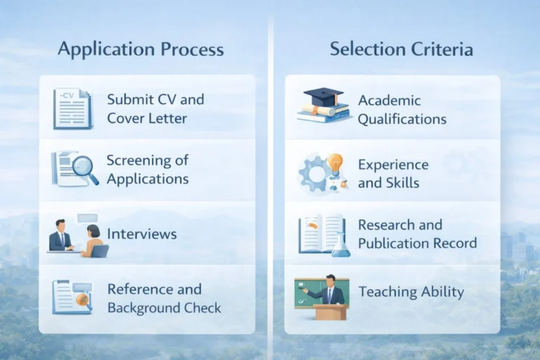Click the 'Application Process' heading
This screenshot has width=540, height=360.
coord(141,49)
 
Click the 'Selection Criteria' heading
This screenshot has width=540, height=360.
coord(401,49)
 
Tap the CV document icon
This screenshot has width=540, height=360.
coord(72,108)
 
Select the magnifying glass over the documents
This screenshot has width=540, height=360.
coord(85,169)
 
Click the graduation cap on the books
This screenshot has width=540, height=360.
coord(323,97)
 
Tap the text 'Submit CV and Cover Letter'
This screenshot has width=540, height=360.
coord(155,108)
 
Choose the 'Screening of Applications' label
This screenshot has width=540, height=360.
coord(148,169)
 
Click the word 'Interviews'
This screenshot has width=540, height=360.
coord(141,233)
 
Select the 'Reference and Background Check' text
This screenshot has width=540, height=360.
coord(164,298)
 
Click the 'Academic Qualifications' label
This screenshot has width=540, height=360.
coord(401,110)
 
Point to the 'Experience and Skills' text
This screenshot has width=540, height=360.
coord(393,174)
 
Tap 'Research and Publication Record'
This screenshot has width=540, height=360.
coord(417,234)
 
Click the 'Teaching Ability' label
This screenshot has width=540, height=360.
coord(411,291)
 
